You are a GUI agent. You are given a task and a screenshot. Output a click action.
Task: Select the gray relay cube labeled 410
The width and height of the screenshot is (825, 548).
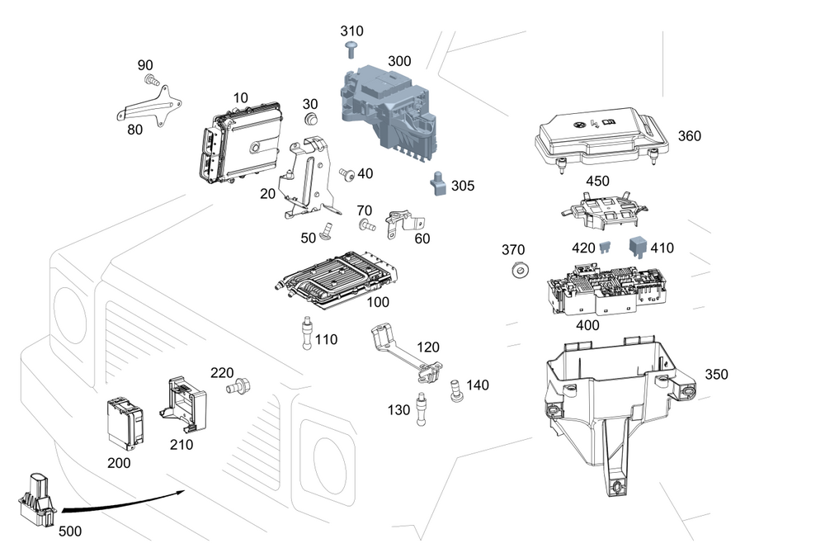[638, 247]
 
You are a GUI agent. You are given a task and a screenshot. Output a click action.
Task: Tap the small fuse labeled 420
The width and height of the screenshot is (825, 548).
[606, 247]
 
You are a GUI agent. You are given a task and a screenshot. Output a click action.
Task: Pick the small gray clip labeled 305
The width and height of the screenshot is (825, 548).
[438, 182]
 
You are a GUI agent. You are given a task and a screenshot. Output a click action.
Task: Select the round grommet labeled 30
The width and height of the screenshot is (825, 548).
[311, 121]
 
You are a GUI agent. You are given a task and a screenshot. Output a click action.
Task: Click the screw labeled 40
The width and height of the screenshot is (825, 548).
[347, 174]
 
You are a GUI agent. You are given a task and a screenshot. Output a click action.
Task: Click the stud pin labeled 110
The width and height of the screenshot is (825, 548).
[307, 333]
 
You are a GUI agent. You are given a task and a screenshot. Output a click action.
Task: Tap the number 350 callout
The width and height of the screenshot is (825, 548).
[716, 374]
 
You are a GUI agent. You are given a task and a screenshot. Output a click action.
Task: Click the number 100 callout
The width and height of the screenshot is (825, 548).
[378, 303]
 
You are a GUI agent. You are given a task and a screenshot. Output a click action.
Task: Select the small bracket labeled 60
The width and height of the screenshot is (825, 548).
[404, 220]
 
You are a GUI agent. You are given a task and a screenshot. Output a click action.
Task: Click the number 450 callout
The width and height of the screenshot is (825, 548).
[597, 182]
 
